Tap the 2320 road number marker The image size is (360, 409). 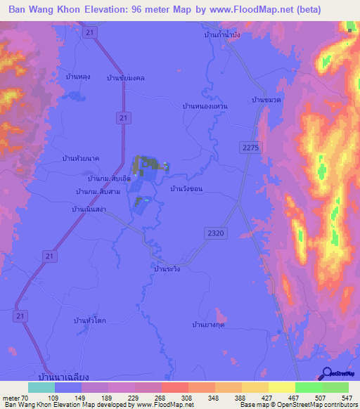coord(217,231)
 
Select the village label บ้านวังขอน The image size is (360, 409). coord(186,189)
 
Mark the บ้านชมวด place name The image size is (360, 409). coord(266,100)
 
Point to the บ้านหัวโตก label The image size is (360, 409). coord(89,320)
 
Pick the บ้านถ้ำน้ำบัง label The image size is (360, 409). coord(222,34)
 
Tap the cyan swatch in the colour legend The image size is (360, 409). coord(41,387)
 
